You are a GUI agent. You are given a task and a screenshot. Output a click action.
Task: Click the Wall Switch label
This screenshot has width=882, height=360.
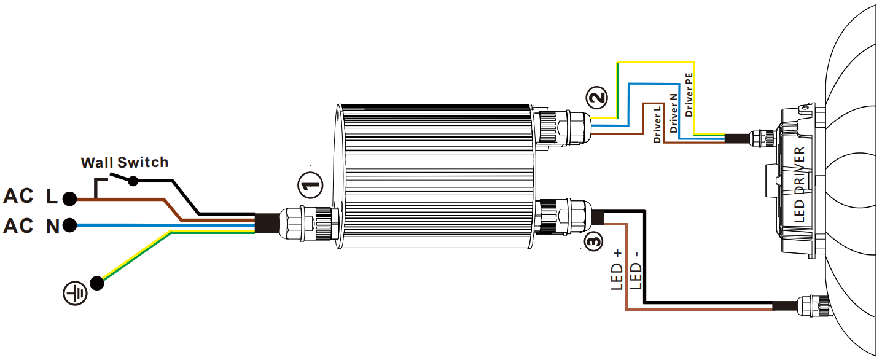tap(125, 162)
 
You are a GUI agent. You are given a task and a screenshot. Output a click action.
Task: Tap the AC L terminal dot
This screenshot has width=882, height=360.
tap(69, 199)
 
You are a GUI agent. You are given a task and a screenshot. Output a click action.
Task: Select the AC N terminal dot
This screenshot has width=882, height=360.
tap(69, 225)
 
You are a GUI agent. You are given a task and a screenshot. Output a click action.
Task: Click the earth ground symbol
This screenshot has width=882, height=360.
tap(75, 294)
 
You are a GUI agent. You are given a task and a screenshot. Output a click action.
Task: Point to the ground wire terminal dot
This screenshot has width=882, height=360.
tap(97, 283)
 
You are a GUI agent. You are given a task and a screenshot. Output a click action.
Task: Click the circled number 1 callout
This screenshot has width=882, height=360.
tap(310, 185)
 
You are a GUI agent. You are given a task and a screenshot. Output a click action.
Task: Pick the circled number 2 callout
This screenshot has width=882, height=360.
tap(597, 97)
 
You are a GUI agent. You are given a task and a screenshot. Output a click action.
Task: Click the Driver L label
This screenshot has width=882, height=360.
tap(657, 124)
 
